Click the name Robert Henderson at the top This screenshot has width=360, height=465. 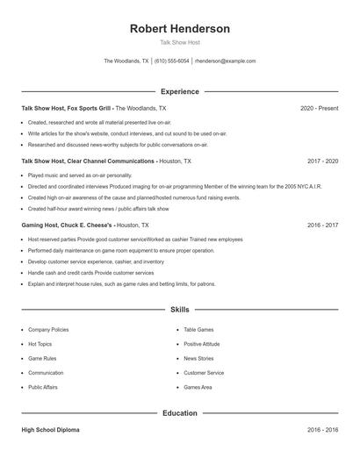pyautogui.click(x=179, y=29)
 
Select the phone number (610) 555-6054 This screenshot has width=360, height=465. pyautogui.click(x=172, y=61)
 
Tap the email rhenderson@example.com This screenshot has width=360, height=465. pyautogui.click(x=225, y=61)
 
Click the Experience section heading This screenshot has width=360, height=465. pyautogui.click(x=179, y=91)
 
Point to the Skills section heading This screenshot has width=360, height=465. pyautogui.click(x=179, y=310)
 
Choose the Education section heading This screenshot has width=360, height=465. pyautogui.click(x=179, y=412)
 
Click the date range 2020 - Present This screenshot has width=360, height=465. pyautogui.click(x=319, y=108)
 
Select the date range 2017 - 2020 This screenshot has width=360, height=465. pyautogui.click(x=322, y=161)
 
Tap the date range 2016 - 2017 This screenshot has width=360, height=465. pyautogui.click(x=322, y=225)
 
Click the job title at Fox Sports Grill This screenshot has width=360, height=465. pyautogui.click(x=67, y=108)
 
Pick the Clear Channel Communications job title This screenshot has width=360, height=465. pyautogui.click(x=88, y=161)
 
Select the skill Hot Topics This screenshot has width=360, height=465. pyautogui.click(x=40, y=344)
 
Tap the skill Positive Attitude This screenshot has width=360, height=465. pyautogui.click(x=201, y=344)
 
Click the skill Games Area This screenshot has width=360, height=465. pyautogui.click(x=198, y=387)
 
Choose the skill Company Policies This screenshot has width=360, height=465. pyautogui.click(x=48, y=330)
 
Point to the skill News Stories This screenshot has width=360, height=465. pyautogui.click(x=198, y=358)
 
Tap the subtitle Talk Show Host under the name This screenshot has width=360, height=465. pyautogui.click(x=179, y=42)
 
